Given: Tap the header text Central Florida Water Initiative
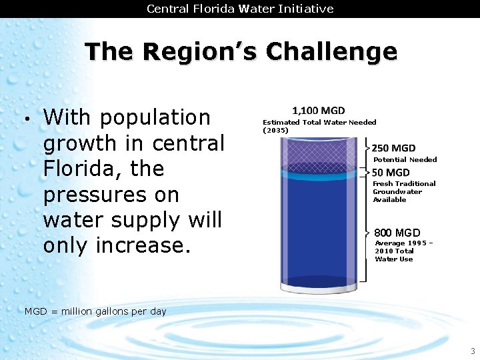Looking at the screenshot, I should click(x=240, y=9).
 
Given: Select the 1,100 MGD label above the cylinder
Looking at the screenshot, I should click(x=319, y=111).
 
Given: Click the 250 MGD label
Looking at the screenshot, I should click(x=393, y=148).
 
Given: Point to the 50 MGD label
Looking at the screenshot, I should click(x=391, y=173).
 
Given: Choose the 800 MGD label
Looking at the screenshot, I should click(x=397, y=233).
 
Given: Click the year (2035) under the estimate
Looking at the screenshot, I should click(x=275, y=130).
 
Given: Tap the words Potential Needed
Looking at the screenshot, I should click(x=405, y=159).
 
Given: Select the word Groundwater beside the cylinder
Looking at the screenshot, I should click(x=397, y=191).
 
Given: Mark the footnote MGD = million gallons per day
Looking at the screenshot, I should click(x=95, y=311).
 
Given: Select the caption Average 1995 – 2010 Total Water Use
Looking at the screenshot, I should click(x=404, y=251).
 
